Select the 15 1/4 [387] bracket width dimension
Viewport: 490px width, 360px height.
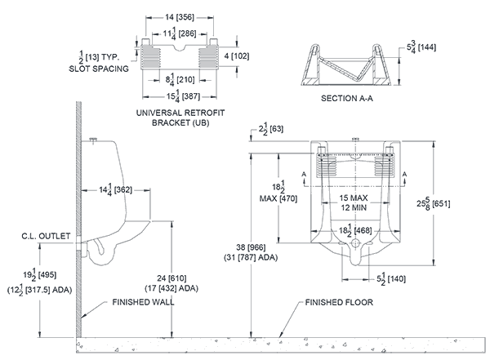(180, 96)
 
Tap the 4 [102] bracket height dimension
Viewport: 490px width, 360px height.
(237, 56)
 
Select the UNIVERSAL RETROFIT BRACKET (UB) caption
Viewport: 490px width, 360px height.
(180, 117)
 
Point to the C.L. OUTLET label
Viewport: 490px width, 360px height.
(45, 236)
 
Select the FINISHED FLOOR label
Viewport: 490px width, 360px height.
(336, 301)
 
